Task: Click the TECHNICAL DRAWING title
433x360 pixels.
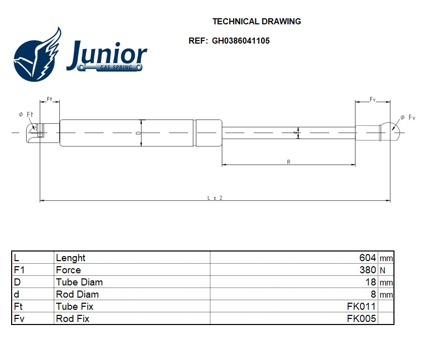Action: [x=257, y=21]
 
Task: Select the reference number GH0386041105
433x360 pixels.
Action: [x=241, y=41]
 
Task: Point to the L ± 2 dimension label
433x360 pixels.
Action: [x=215, y=198]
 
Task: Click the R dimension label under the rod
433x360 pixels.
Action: [x=288, y=162]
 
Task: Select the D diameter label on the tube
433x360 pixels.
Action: [x=138, y=133]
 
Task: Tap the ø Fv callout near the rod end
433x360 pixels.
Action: [x=407, y=118]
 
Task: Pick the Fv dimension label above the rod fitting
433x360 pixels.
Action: [x=373, y=99]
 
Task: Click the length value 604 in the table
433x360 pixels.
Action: [x=368, y=258]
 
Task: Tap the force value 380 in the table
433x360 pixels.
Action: [x=368, y=270]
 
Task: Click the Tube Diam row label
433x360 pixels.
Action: [x=79, y=282]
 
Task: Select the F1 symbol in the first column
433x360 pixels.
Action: [x=19, y=270]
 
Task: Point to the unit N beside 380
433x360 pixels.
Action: [x=382, y=271]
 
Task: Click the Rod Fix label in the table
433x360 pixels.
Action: [x=73, y=318]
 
